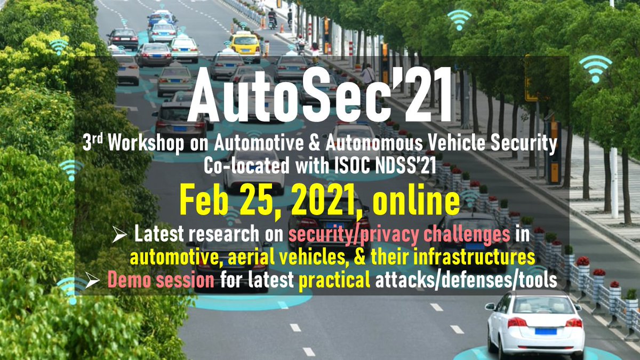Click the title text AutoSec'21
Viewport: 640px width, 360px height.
click(x=320, y=99)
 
